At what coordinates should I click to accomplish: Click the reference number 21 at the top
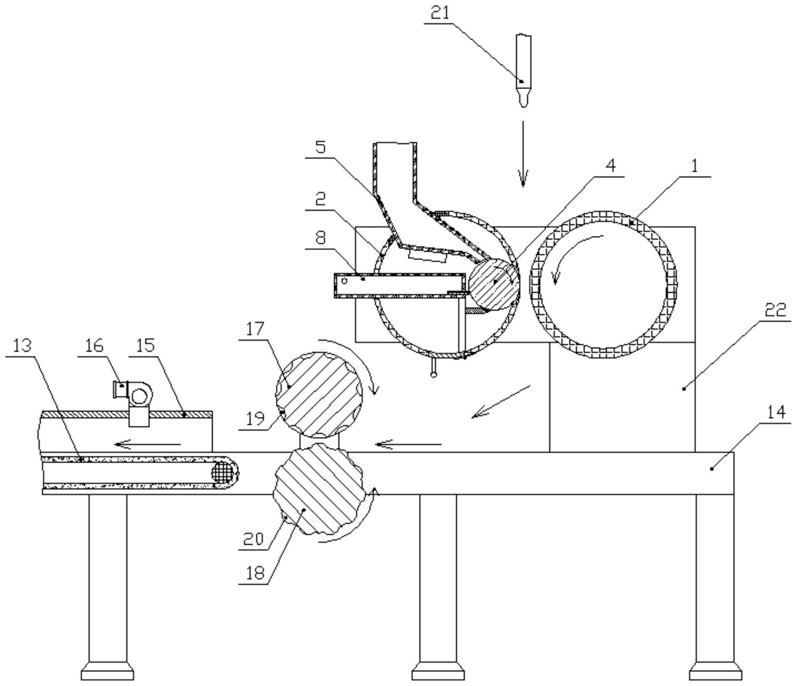pos(440,13)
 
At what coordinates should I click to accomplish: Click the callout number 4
pos(611,166)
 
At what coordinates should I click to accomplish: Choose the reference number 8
pos(320,237)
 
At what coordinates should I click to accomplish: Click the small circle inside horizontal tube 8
pos(344,281)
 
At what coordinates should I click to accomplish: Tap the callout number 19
pos(255,418)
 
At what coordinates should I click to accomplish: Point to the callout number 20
pos(253,539)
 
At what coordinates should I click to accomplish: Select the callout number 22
pos(775,310)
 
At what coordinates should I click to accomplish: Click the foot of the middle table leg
pos(438,674)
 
